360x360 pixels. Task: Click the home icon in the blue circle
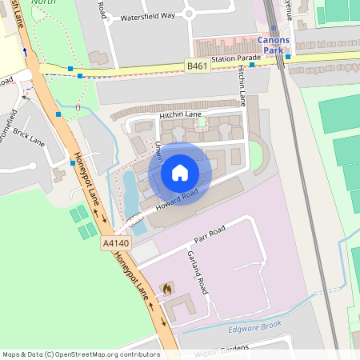(179, 172)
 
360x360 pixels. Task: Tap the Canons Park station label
(274, 45)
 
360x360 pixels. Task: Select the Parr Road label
(210, 233)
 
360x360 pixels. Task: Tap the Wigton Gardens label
(224, 348)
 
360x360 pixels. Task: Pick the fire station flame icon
(167, 287)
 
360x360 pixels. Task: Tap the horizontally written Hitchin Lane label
(180, 114)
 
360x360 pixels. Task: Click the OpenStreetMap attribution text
(80, 354)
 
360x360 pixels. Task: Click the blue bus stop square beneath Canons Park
(288, 57)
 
